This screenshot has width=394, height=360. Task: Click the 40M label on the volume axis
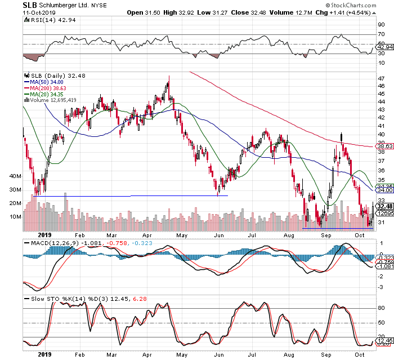point(15,176)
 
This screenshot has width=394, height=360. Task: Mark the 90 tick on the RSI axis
point(380,25)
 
